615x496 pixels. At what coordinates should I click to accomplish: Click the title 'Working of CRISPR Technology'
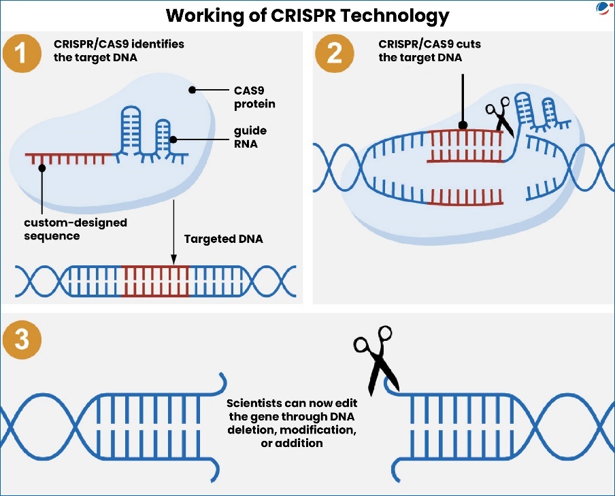(307, 14)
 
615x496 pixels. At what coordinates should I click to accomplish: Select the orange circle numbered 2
(335, 54)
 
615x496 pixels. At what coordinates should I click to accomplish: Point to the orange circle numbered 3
(22, 340)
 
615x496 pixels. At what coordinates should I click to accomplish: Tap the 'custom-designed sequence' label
(74, 229)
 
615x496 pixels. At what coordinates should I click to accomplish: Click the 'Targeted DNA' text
(223, 239)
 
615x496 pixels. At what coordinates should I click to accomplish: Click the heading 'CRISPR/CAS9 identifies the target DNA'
(119, 50)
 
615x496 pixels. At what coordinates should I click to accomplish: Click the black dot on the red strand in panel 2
(463, 125)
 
